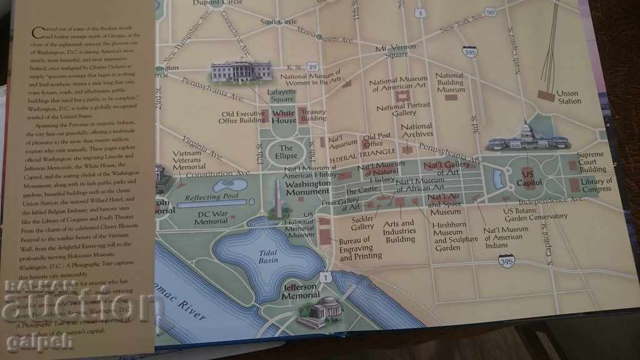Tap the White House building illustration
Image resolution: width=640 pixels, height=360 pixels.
[241, 71]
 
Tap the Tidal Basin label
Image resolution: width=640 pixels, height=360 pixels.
[268, 256]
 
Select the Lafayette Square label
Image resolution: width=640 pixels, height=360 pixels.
[281, 95]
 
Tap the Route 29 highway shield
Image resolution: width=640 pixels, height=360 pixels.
[313, 66]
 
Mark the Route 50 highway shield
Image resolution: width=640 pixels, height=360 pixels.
[490, 12]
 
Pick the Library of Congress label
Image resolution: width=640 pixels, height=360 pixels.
[596, 185]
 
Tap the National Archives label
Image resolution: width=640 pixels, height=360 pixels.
[417, 130]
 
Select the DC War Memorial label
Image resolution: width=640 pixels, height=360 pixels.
[211, 217]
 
